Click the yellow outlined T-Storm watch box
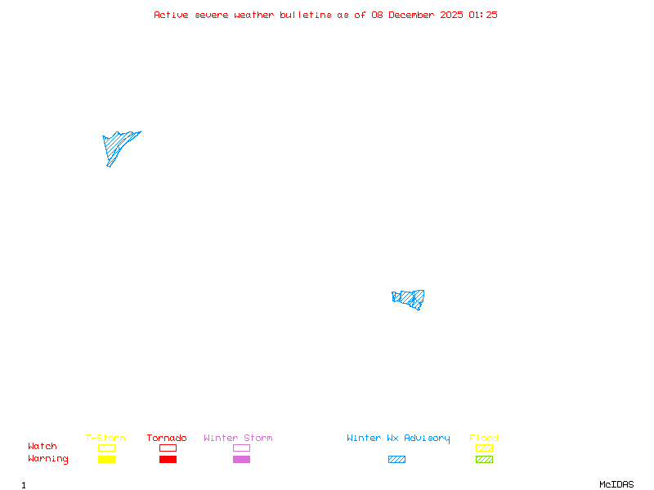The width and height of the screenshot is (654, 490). [106, 448]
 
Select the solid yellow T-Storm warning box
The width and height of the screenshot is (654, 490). [106, 459]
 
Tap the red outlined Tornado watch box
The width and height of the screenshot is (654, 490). [168, 448]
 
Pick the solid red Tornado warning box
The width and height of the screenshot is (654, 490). [168, 459]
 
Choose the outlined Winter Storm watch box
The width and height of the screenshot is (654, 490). [241, 448]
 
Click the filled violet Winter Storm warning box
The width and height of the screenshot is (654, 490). [241, 459]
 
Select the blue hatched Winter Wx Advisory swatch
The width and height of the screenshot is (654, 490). [396, 459]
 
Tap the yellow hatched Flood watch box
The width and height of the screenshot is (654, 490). [484, 448]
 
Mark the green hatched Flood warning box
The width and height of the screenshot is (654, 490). [484, 459]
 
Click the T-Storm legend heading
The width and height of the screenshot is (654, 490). [105, 438]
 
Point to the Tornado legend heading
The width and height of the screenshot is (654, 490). [167, 438]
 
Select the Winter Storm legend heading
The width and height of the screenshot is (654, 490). [238, 438]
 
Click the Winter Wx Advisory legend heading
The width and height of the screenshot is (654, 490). [398, 438]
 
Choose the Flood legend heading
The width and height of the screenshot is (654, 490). [484, 438]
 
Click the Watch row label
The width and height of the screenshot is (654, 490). [43, 447]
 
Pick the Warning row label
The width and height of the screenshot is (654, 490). [48, 459]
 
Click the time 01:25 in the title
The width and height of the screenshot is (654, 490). [483, 15]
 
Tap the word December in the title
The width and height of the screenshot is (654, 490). [414, 15]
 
